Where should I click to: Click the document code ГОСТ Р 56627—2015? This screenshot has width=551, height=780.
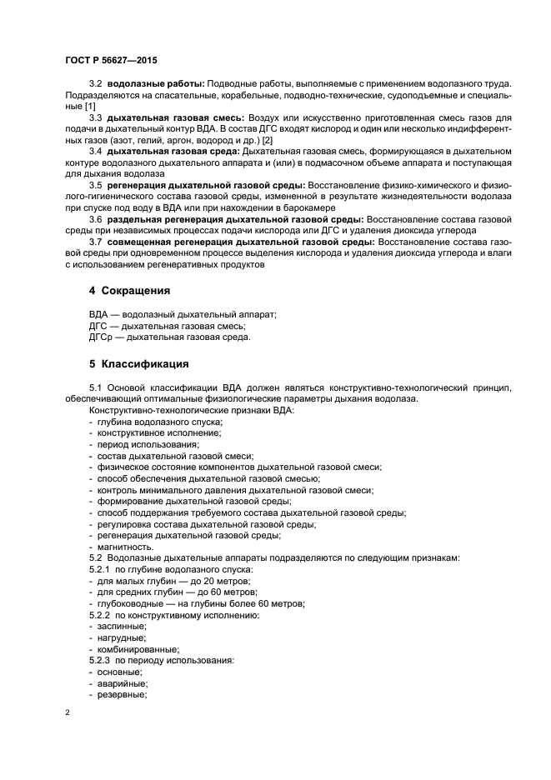[x=110, y=60]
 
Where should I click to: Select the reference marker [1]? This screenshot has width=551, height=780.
[x=90, y=106]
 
